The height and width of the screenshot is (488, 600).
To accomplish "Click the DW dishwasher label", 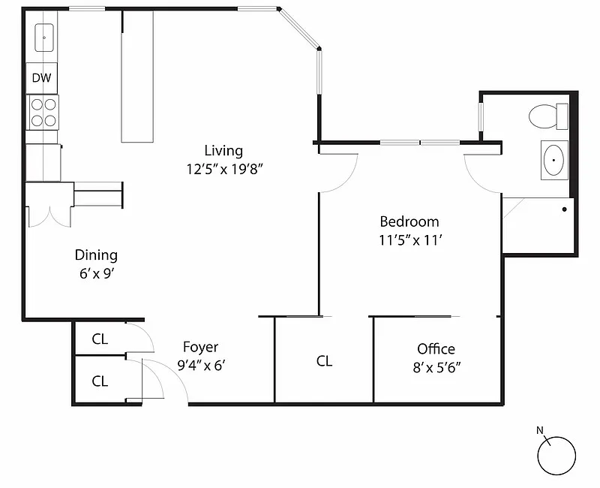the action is click(41, 77).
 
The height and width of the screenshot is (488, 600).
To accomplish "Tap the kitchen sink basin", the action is click(43, 36).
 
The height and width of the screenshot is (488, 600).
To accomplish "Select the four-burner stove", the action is click(43, 112).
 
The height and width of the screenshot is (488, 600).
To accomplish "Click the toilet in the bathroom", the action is click(547, 116).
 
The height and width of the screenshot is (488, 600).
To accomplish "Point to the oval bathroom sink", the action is click(555, 159).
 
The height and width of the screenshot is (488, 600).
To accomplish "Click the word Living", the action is click(223, 151).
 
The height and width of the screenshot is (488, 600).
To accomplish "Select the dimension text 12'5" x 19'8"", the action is click(225, 169).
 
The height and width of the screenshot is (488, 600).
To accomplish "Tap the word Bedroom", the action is click(409, 221).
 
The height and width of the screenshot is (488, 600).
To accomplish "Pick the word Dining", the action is click(96, 255).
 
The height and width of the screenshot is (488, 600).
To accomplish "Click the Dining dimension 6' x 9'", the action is click(96, 274).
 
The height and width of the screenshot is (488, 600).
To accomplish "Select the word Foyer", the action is click(201, 347).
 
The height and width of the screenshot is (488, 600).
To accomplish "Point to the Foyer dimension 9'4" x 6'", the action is click(201, 366).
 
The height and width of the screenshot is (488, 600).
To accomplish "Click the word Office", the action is click(436, 349).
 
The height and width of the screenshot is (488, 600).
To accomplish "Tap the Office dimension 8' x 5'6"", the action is click(436, 368).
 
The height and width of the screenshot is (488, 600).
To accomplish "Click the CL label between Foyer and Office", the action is click(324, 361).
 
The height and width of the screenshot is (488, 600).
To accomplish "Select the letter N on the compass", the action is click(540, 430).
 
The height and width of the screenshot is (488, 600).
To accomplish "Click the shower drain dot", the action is click(564, 209).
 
